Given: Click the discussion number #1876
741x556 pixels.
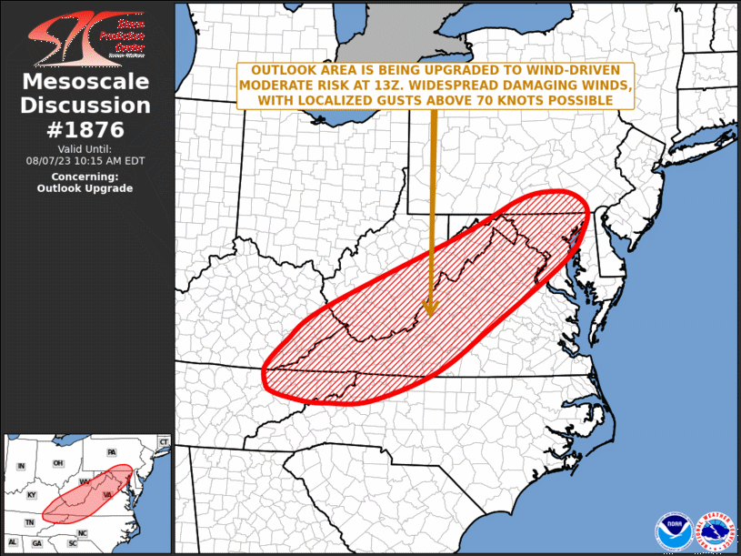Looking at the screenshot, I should click(85, 129).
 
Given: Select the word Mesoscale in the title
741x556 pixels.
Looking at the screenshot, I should click(85, 83).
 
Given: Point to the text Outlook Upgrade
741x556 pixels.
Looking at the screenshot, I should click(85, 188).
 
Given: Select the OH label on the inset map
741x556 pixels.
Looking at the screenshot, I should click(58, 462).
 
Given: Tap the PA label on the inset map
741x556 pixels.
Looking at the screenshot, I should click(111, 452).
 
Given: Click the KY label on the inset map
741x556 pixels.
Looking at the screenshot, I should click(32, 495).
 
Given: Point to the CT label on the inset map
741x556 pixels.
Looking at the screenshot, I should click(164, 441).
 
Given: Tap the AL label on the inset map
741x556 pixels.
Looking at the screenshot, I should click(14, 543).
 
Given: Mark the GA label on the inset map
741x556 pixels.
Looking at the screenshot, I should click(37, 543).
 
